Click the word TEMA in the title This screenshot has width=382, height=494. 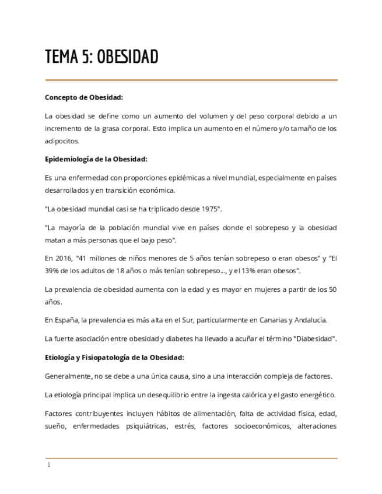coord(61,57)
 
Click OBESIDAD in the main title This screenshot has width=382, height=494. coord(127,57)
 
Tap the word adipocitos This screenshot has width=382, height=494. coord(62,140)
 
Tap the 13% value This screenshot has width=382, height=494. coord(250,270)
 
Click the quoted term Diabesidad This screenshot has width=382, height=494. coord(314,338)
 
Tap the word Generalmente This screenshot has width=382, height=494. coord(69,376)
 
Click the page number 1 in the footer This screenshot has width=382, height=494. coord(49,465)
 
